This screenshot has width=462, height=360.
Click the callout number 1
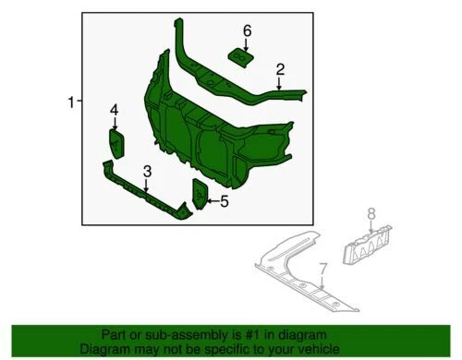coord(70,103)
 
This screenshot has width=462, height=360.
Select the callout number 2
coord(280,68)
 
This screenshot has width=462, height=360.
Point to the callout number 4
coord(115,111)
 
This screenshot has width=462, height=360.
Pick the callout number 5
coord(224,199)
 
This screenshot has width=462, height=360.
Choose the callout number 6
coord(247,31)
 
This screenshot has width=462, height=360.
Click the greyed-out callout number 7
coord(322,270)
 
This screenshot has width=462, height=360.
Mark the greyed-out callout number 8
coord(372,215)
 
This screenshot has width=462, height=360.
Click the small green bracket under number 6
coord(242,58)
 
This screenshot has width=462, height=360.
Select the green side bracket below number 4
coord(117,145)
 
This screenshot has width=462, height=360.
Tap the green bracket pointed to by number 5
coord(200,195)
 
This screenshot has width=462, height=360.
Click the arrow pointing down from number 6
coord(247,45)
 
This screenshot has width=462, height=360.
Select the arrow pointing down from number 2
coord(280,82)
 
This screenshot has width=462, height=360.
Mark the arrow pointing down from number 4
coord(115,125)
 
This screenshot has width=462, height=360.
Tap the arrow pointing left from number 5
coord(212,199)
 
